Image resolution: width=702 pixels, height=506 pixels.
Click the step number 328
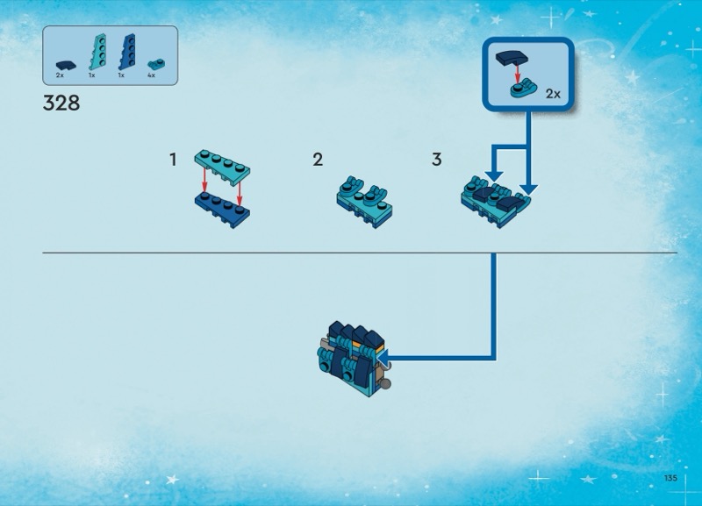pos(61,103)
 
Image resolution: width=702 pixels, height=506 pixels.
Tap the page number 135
pos(672,477)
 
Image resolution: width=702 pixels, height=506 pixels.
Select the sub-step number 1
pos(174,160)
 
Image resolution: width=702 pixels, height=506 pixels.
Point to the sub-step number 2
pos(318,160)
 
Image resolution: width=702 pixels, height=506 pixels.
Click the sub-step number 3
pos(437,160)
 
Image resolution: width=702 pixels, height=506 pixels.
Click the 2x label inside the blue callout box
pos(553,92)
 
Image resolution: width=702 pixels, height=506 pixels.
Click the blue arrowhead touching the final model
pos(383,356)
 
